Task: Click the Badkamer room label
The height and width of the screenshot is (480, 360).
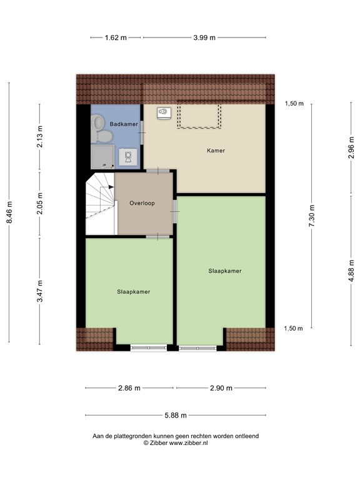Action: [123, 124]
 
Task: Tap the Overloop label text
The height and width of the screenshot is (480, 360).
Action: [142, 203]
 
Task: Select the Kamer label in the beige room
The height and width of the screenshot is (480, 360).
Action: [216, 151]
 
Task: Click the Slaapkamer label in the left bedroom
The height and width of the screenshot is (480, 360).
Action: [133, 291]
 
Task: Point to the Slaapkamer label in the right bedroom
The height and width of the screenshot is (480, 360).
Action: [225, 271]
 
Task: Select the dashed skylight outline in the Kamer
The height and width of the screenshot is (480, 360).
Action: [199, 116]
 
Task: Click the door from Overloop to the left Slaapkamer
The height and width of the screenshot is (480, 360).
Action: [157, 236]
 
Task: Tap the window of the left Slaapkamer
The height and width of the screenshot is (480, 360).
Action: [149, 347]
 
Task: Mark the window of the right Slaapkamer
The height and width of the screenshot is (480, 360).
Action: [197, 347]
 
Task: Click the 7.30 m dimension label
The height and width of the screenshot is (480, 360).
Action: [311, 216]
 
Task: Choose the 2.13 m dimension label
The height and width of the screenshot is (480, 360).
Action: [40, 137]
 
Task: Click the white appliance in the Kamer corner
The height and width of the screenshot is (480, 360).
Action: [163, 113]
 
